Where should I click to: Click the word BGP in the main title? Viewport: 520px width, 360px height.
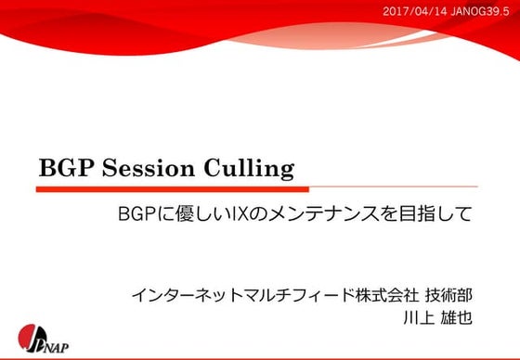pos(64,170)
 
